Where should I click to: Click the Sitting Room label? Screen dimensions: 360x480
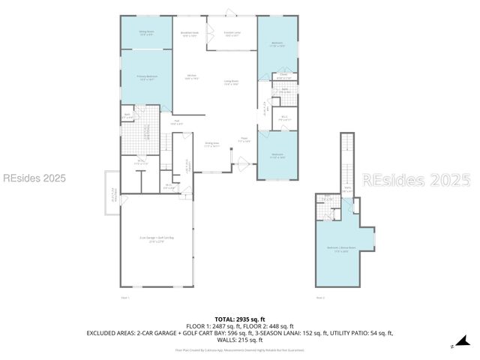click(146, 33)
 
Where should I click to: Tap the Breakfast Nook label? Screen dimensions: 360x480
click(190, 34)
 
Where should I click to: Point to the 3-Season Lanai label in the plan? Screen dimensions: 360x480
click(232, 34)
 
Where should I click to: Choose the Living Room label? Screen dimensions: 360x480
click(231, 84)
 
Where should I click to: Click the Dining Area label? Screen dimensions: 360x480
click(212, 144)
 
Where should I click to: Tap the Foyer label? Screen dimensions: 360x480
click(244, 139)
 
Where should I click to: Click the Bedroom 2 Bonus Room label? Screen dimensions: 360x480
click(341, 250)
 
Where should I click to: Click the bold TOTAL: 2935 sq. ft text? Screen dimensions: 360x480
click(239, 319)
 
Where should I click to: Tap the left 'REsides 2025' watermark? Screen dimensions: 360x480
click(34, 178)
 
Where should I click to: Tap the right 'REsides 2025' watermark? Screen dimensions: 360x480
click(416, 180)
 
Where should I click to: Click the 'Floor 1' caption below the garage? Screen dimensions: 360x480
click(125, 298)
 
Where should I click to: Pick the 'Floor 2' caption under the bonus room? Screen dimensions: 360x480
click(320, 298)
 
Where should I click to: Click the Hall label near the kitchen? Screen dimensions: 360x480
click(178, 122)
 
